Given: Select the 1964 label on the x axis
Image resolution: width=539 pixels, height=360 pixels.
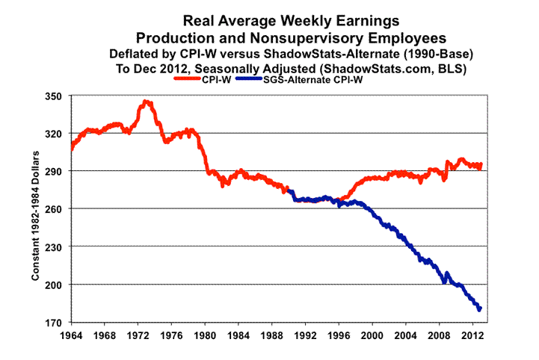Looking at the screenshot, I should [72, 335].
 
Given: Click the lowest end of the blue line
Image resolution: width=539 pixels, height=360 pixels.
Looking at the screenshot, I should [479, 309].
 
